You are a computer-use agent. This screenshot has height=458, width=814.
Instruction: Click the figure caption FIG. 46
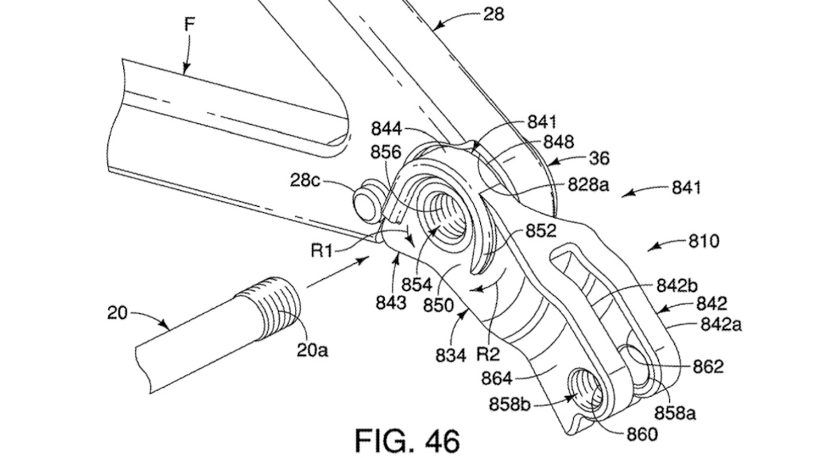click(408, 441)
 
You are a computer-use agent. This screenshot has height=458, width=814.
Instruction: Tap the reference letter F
click(189, 25)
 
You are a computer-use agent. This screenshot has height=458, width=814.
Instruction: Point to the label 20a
click(312, 350)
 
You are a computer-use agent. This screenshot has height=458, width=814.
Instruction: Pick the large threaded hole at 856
click(443, 214)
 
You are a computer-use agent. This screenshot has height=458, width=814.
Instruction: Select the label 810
click(704, 241)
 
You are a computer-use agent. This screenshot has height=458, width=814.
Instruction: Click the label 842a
click(721, 324)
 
